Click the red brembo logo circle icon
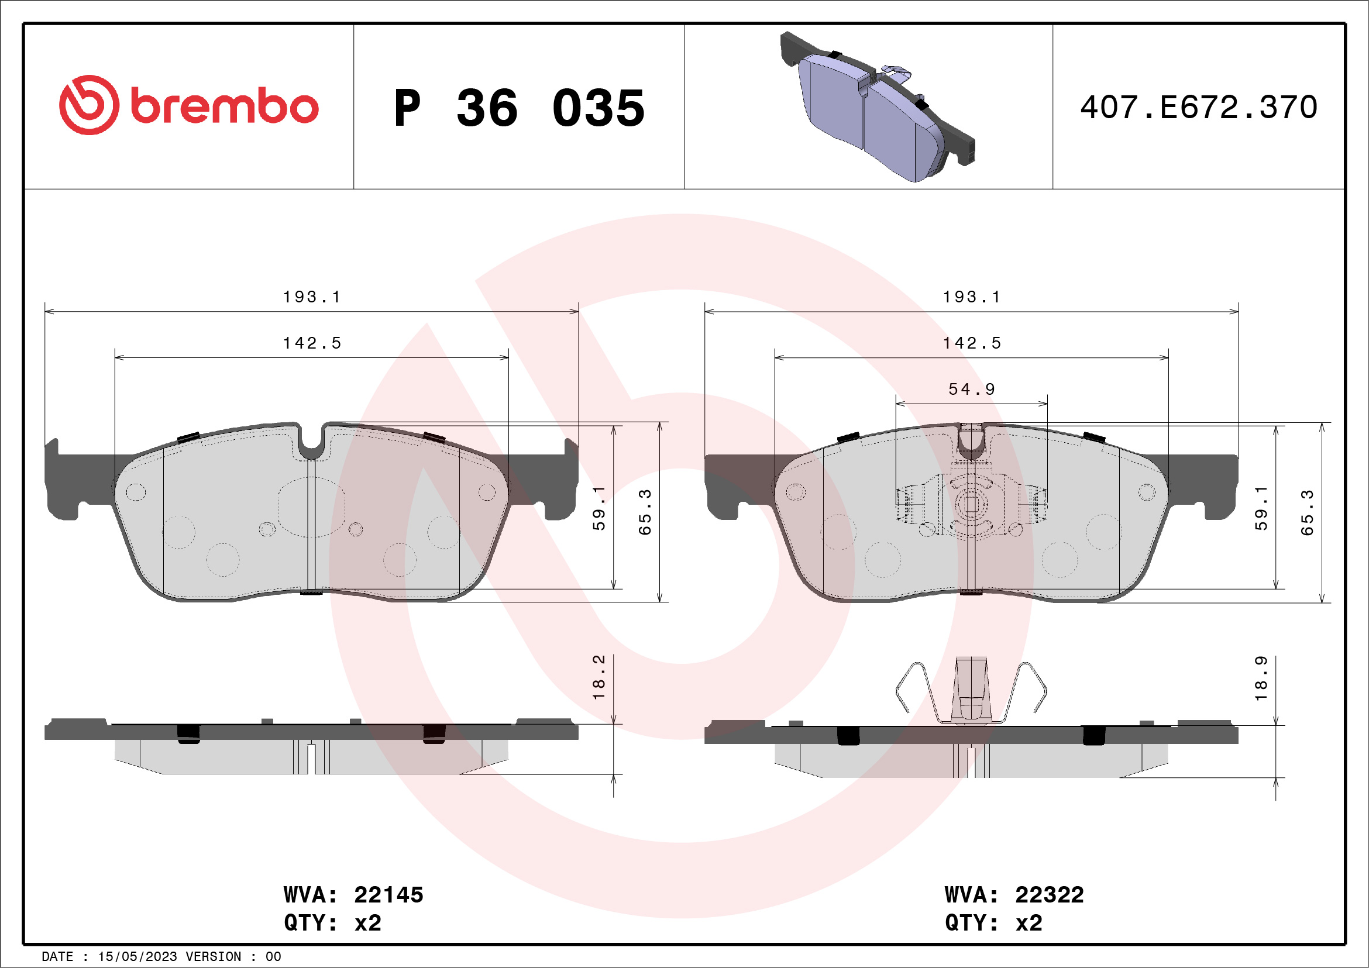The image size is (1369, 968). pyautogui.click(x=89, y=105)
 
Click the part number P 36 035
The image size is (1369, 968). pyautogui.click(x=519, y=108)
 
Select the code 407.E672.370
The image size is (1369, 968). pyautogui.click(x=1199, y=108)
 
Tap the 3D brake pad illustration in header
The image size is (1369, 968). pyautogui.click(x=876, y=107)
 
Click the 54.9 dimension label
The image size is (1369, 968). pyautogui.click(x=971, y=389)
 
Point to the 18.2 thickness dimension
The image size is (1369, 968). pyautogui.click(x=598, y=677)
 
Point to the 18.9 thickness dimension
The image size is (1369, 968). pyautogui.click(x=1261, y=678)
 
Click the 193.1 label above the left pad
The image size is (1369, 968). pyautogui.click(x=311, y=297)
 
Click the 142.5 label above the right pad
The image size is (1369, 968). pyautogui.click(x=971, y=343)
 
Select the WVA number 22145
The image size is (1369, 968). pyautogui.click(x=388, y=895)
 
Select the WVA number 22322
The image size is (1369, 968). pyautogui.click(x=1049, y=895)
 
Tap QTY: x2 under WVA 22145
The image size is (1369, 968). pyautogui.click(x=332, y=923)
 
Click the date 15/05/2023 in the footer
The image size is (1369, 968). pyautogui.click(x=137, y=957)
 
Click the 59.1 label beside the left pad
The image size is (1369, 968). pyautogui.click(x=598, y=508)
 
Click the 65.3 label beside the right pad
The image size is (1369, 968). pyautogui.click(x=1307, y=512)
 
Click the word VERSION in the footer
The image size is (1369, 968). pyautogui.click(x=213, y=957)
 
